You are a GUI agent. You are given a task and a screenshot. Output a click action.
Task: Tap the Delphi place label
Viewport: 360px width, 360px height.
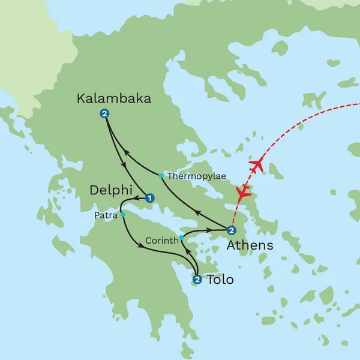[x=110, y=190]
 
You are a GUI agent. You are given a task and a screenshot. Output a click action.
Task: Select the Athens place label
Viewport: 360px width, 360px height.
[x=250, y=245]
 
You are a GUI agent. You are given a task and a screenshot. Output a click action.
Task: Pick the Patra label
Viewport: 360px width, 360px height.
[x=106, y=214]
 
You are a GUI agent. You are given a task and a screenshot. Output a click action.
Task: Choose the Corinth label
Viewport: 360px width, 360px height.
[x=162, y=241]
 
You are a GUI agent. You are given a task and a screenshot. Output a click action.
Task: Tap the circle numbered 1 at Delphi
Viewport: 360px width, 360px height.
[x=150, y=197]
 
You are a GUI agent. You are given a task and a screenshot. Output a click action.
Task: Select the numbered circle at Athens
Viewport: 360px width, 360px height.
[x=232, y=230]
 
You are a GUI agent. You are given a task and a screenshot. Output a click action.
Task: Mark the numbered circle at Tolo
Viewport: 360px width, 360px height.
[x=197, y=278]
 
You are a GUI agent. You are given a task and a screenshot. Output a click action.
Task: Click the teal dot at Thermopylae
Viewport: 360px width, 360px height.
[x=161, y=176]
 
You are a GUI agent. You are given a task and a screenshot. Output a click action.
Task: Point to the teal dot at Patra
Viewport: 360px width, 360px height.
[x=122, y=214]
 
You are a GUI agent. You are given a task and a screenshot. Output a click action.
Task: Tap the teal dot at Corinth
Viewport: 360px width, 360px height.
[x=181, y=238]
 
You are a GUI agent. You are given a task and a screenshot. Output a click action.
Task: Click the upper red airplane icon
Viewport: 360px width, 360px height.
[x=257, y=164]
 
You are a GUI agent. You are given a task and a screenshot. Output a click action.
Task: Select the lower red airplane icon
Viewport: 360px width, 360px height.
[x=243, y=193]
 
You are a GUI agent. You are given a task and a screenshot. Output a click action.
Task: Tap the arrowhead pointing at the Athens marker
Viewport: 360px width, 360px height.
[x=208, y=230]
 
